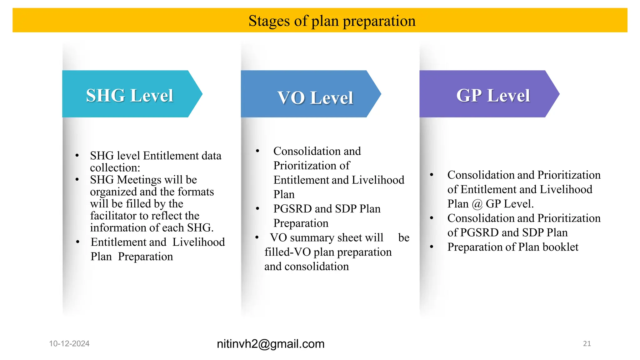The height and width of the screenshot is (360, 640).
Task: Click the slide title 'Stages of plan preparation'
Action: [x=332, y=21]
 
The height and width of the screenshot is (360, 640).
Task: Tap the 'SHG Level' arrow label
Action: [x=129, y=95]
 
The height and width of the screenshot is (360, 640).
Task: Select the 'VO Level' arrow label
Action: [x=315, y=97]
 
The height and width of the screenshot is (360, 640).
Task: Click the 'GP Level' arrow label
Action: [x=493, y=95]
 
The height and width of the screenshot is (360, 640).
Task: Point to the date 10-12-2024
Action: [x=69, y=343]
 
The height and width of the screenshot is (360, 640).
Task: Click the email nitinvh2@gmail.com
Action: [x=271, y=344]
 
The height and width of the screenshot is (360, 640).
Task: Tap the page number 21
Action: [x=587, y=343]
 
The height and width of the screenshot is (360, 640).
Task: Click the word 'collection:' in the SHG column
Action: [x=115, y=168]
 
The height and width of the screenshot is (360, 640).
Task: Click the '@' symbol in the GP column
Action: [x=477, y=204]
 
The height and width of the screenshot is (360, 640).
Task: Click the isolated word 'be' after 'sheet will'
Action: [x=404, y=238]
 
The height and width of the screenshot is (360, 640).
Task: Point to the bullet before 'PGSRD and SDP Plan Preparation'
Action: [x=257, y=208]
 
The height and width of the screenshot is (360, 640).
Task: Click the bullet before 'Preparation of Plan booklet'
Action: [x=432, y=247]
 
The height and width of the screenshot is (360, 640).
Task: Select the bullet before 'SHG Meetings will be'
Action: [x=77, y=180]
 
